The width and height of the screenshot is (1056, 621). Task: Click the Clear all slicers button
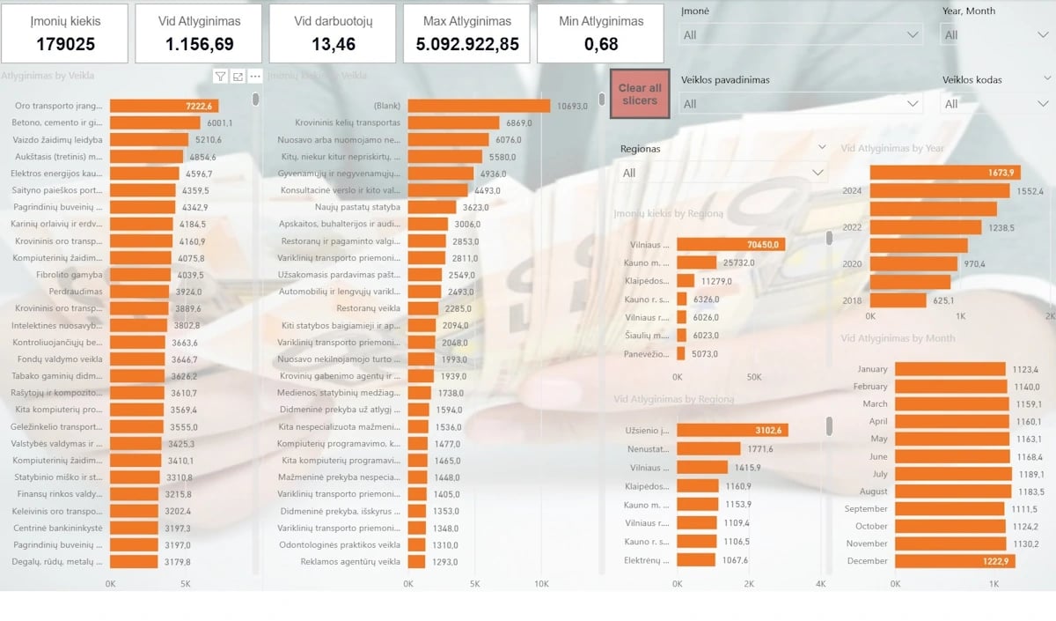tap(640, 94)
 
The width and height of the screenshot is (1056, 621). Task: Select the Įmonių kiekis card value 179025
tap(65, 44)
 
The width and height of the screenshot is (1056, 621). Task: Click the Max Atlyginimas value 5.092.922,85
tap(466, 44)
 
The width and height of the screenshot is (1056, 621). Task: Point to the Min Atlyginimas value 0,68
tap(601, 44)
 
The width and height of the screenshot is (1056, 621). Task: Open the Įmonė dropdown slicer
tap(801, 34)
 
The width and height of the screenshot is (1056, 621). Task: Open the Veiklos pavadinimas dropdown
tap(801, 104)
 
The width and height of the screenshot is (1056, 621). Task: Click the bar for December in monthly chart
tap(955, 561)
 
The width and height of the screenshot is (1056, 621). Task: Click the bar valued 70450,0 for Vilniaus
tap(730, 245)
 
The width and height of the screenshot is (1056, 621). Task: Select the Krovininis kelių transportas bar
tap(453, 122)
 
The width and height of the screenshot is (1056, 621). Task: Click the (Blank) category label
tap(386, 106)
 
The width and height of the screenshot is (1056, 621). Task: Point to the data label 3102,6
tap(771, 431)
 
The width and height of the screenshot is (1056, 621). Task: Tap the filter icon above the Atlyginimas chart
tap(220, 77)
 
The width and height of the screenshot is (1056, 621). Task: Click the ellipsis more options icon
tap(254, 77)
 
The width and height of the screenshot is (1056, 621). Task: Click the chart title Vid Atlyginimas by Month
tap(898, 338)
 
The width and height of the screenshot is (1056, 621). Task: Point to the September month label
tap(866, 509)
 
